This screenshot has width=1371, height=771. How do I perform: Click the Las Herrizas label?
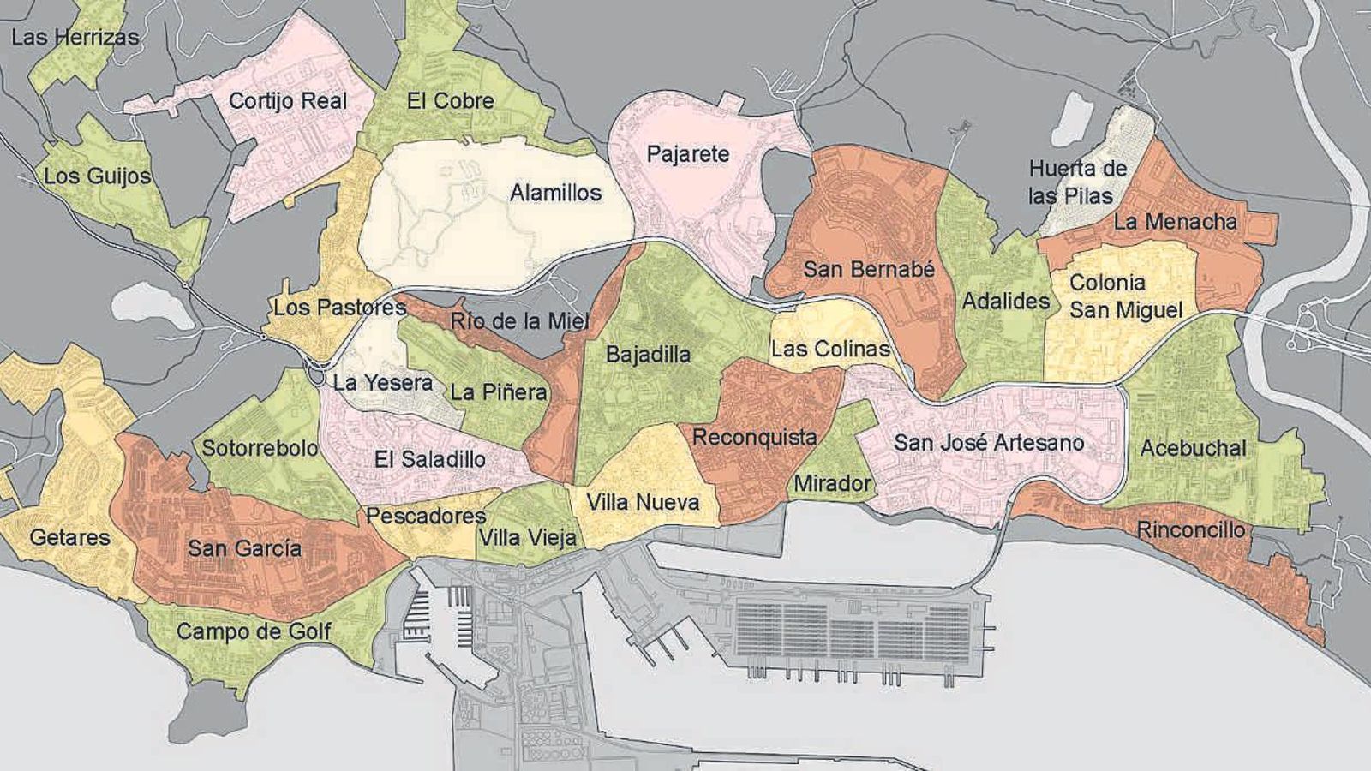(75, 37)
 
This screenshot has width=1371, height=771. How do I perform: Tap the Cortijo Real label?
(288, 101)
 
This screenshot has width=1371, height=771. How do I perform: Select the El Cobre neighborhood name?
(451, 101)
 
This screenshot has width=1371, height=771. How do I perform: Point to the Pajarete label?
(687, 154)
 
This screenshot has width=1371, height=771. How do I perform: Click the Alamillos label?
(555, 193)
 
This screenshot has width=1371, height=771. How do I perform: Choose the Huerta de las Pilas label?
(1077, 182)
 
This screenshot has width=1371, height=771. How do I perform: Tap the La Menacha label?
(1175, 222)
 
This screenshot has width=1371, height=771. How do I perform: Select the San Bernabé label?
(868, 269)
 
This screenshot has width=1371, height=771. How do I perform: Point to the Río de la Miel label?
(520, 321)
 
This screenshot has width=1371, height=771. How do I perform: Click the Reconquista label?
(754, 437)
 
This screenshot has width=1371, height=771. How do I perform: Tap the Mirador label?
(831, 483)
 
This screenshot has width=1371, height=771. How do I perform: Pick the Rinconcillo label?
(1190, 529)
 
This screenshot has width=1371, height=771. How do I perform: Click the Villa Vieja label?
(528, 538)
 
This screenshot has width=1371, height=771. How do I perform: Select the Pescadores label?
(426, 516)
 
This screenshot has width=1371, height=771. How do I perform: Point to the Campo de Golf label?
(254, 632)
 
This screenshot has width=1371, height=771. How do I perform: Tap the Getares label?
(69, 538)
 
